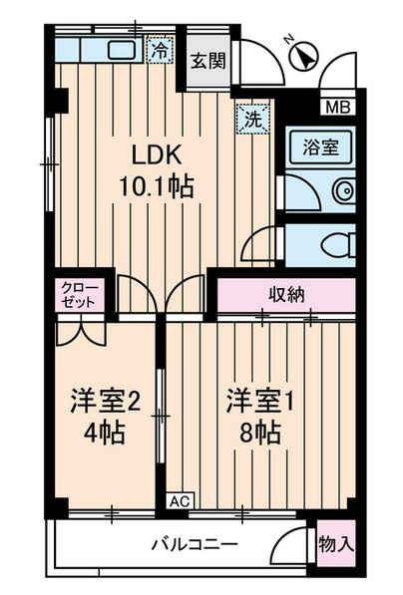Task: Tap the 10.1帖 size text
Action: pyautogui.click(x=158, y=185)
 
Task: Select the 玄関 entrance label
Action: pyautogui.click(x=208, y=60)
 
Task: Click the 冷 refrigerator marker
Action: pyautogui.click(x=159, y=49)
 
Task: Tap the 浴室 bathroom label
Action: pyautogui.click(x=320, y=146)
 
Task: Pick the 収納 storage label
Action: pyautogui.click(x=286, y=294)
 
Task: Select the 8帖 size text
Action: pyautogui.click(x=256, y=434)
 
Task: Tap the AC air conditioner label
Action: pyautogui.click(x=180, y=501)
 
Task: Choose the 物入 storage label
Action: pyautogui.click(x=335, y=544)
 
